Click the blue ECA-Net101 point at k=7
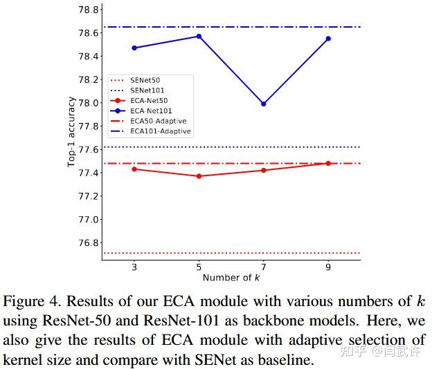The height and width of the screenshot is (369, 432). (263, 104)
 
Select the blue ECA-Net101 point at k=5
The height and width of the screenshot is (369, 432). (199, 36)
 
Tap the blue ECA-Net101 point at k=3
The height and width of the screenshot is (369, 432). (134, 48)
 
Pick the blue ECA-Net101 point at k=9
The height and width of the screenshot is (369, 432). (328, 39)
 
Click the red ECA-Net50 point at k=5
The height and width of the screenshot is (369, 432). (199, 176)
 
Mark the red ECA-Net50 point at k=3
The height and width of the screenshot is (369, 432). (134, 169)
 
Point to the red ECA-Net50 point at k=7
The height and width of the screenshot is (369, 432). (263, 170)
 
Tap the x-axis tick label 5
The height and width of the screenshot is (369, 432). (199, 266)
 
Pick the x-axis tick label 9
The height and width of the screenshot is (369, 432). (328, 266)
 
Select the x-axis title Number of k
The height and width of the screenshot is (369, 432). (231, 278)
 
